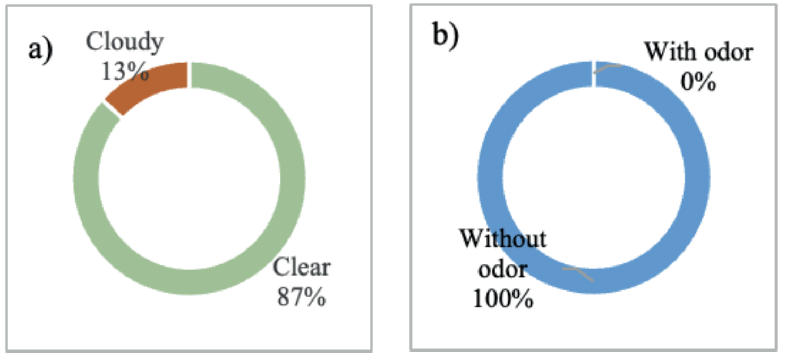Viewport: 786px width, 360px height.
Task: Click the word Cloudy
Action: (x=125, y=42)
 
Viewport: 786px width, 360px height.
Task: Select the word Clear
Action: (x=301, y=268)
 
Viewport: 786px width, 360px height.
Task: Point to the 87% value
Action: (x=301, y=297)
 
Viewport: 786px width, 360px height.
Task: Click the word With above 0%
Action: (x=666, y=52)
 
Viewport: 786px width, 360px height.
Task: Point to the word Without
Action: (x=502, y=239)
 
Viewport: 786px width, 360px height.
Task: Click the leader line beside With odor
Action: (x=608, y=68)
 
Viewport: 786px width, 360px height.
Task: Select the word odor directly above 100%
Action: (x=502, y=269)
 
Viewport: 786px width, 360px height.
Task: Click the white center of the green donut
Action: (x=190, y=178)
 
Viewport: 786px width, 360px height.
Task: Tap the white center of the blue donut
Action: (x=593, y=178)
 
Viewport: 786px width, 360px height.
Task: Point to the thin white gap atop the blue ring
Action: (x=593, y=73)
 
